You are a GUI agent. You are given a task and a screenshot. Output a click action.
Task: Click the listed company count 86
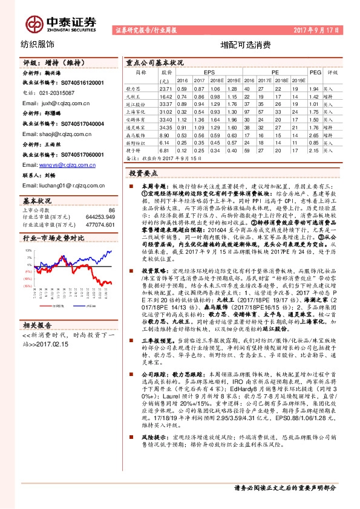point(111,210)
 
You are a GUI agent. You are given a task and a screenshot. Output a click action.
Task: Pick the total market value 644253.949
point(100,216)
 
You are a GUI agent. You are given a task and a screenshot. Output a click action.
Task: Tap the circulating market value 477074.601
point(100,224)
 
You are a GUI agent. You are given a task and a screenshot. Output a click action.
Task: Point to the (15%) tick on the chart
point(28,286)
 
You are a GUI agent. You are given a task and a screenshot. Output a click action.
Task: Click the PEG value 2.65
point(313,135)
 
